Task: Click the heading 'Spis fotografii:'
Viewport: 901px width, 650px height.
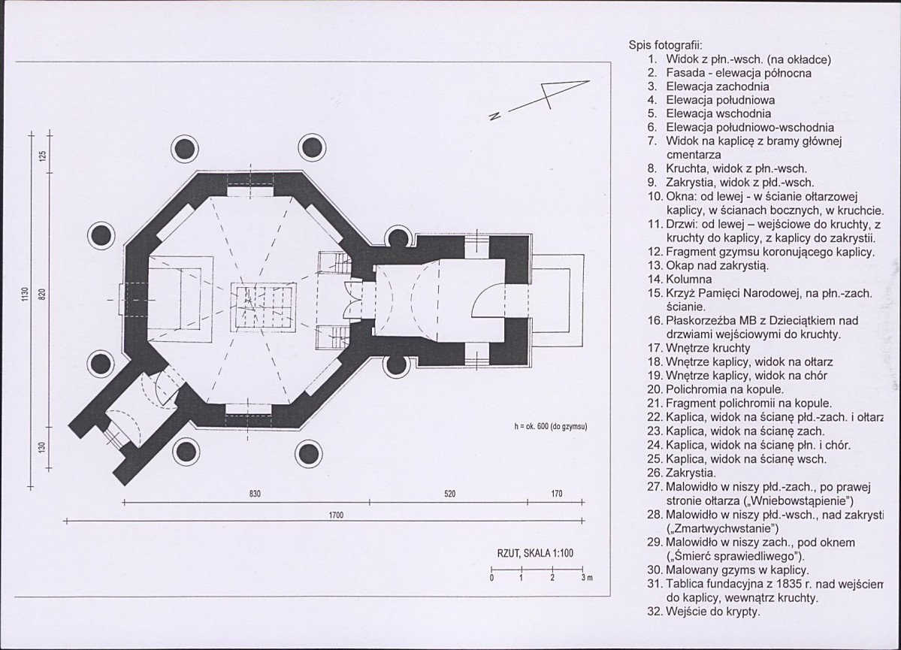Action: tap(665, 45)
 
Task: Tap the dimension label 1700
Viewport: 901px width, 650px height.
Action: tap(336, 515)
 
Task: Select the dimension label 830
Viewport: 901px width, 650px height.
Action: tap(255, 494)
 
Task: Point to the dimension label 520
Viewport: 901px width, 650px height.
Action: tap(450, 494)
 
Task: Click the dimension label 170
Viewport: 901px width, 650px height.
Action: tap(557, 494)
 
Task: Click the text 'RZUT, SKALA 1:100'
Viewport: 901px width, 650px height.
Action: tap(535, 554)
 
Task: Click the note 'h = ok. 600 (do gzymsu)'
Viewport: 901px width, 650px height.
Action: tap(551, 427)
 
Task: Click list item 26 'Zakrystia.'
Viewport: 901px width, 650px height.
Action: tap(682, 473)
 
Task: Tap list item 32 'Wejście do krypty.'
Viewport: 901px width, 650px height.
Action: tap(704, 612)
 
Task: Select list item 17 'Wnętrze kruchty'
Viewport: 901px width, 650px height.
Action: tap(699, 348)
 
